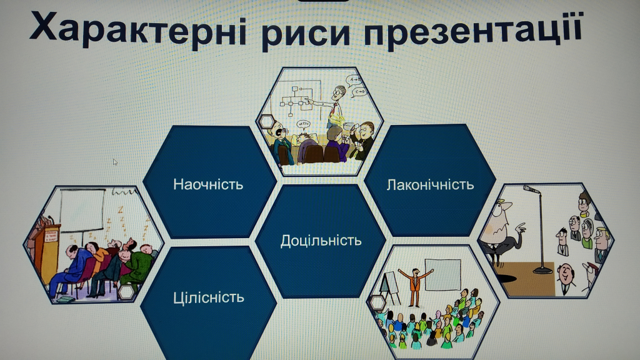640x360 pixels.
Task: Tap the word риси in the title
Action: coord(306,32)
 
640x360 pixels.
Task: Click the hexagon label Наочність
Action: coord(208,184)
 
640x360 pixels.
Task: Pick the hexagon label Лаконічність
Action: coord(430,185)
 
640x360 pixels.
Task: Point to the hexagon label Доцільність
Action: coord(321,241)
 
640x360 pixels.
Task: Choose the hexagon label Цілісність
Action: coord(209,297)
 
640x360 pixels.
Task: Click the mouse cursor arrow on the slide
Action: coord(115,162)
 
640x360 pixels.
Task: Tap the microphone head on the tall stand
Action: coord(531,189)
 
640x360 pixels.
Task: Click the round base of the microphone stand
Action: coord(543,269)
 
